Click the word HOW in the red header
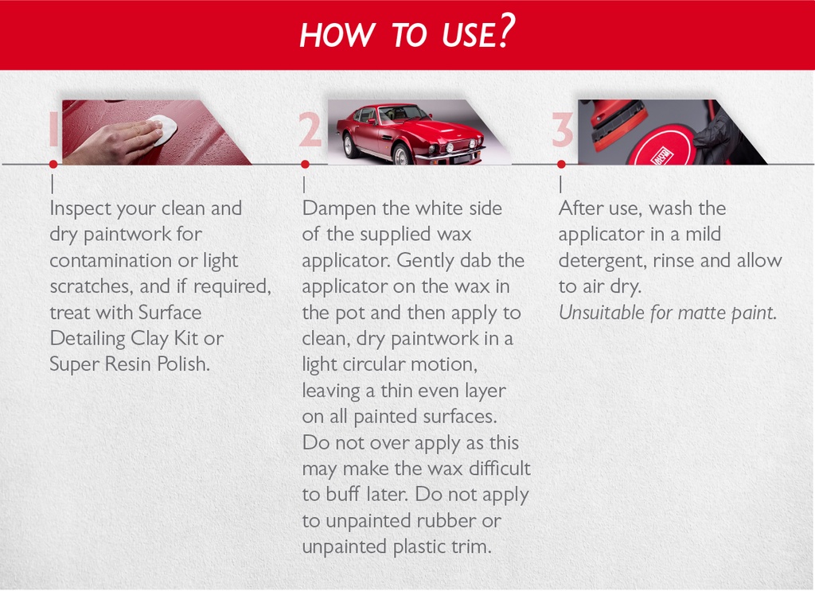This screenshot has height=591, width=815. [x=326, y=35]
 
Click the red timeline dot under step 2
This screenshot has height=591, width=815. [x=305, y=165]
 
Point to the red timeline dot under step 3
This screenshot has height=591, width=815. [x=561, y=165]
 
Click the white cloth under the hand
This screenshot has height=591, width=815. [x=162, y=128]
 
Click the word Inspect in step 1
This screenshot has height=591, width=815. [x=80, y=209]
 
